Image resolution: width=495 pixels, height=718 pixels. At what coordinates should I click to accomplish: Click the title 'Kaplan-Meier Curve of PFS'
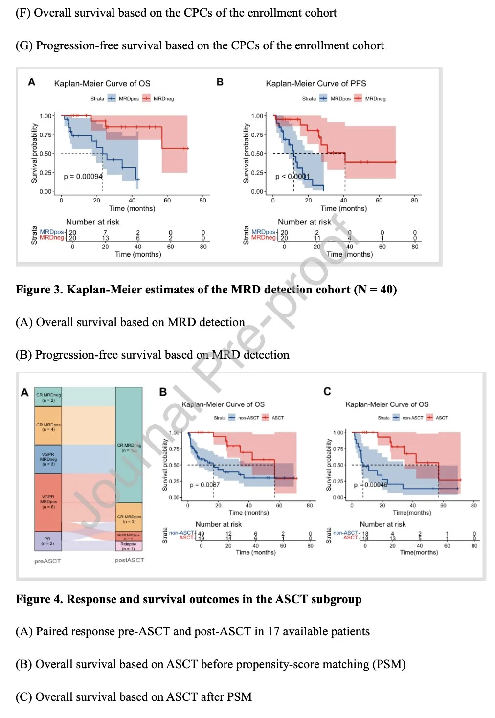click(316, 83)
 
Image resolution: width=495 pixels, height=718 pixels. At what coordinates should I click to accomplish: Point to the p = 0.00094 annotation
click(83, 176)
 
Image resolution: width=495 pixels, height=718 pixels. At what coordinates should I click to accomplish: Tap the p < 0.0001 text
click(292, 176)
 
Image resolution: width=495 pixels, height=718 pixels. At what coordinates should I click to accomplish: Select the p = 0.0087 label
click(205, 485)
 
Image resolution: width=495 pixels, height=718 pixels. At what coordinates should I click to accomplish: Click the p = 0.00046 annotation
click(370, 485)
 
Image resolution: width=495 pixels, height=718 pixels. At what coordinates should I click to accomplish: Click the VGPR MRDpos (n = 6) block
click(48, 502)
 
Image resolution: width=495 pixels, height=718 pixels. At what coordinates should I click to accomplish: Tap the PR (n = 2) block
click(48, 541)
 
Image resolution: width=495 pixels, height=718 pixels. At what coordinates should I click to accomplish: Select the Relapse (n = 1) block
click(129, 546)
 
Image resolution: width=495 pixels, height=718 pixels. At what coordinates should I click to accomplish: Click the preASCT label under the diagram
click(48, 561)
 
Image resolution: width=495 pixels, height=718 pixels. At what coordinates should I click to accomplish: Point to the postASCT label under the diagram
click(130, 560)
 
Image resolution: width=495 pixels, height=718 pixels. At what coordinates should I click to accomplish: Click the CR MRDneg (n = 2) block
click(48, 397)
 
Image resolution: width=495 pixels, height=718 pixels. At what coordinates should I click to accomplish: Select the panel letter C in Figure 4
click(327, 391)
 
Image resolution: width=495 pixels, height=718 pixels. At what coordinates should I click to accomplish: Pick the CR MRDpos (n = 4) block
click(48, 426)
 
